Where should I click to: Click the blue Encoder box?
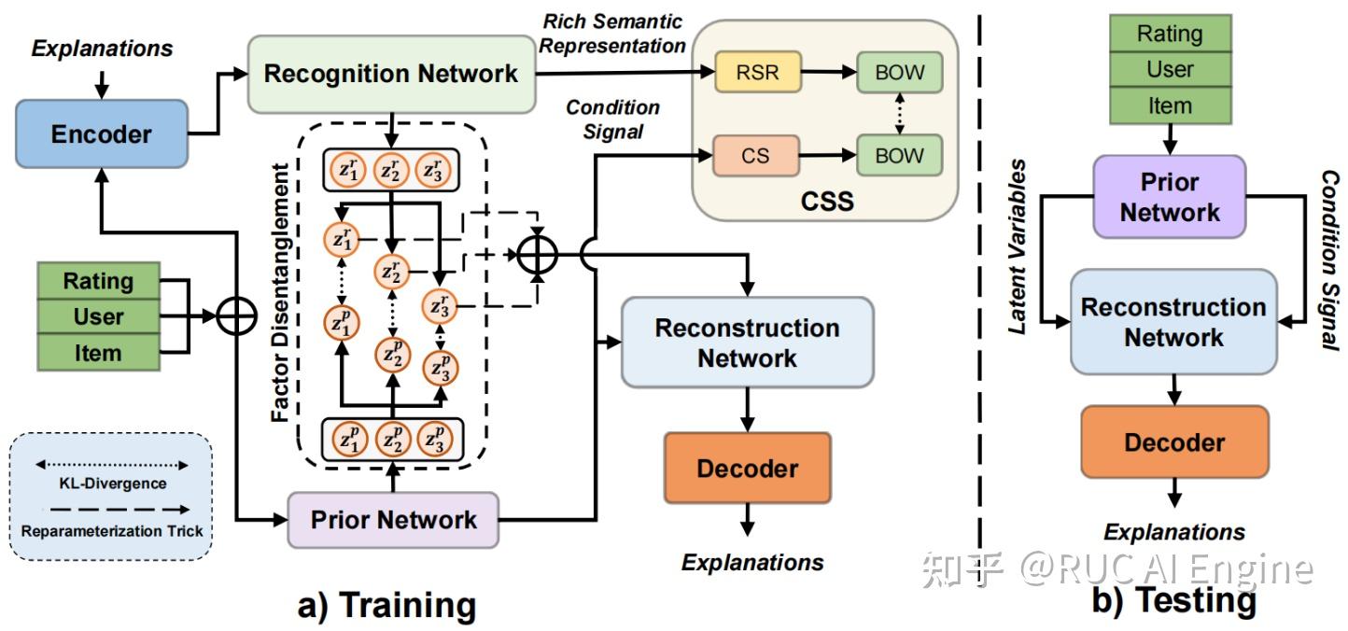[x=101, y=134]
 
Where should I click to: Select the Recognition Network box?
[x=391, y=75]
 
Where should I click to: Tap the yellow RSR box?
[x=757, y=73]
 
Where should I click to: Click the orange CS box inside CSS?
[x=755, y=155]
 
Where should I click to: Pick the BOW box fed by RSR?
[x=900, y=73]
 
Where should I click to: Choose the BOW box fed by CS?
[x=900, y=155]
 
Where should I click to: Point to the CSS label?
[x=827, y=201]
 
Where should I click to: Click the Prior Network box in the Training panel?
[x=393, y=520]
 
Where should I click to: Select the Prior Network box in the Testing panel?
[x=1170, y=197]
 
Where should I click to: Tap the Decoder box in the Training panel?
[x=747, y=469]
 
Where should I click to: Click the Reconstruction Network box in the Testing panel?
[x=1173, y=322]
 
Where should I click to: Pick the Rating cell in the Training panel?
[x=98, y=281]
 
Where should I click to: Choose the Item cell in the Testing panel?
[x=1170, y=105]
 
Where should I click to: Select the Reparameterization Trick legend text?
[x=111, y=530]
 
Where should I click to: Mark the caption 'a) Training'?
[x=386, y=605]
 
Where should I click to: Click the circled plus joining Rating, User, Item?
[x=236, y=317]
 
